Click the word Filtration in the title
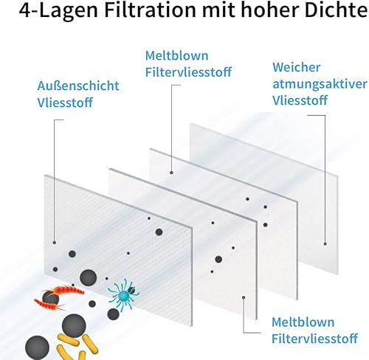click(x=150, y=10)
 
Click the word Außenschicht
click(x=78, y=86)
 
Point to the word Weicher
click(x=297, y=67)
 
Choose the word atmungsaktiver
click(x=320, y=84)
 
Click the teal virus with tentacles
click(x=124, y=294)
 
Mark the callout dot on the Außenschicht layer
click(x=55, y=243)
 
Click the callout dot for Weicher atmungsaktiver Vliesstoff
click(x=325, y=244)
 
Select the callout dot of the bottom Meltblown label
click(x=244, y=297)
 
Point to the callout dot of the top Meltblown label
click(x=171, y=173)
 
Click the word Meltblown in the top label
click(x=176, y=55)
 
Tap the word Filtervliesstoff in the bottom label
click(x=314, y=339)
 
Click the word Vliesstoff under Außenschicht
click(x=65, y=103)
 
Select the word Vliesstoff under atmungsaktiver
click(x=300, y=100)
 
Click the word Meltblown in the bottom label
click(x=303, y=322)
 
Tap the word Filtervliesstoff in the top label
click(x=188, y=72)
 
